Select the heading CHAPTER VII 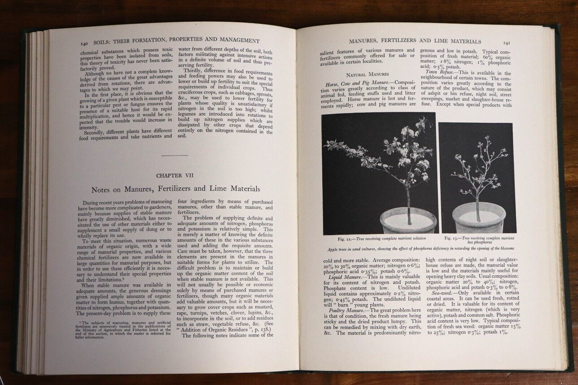coord(175,176)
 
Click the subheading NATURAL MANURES coord(367,74)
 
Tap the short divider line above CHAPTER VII coord(175,155)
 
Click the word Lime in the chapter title coord(221,189)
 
